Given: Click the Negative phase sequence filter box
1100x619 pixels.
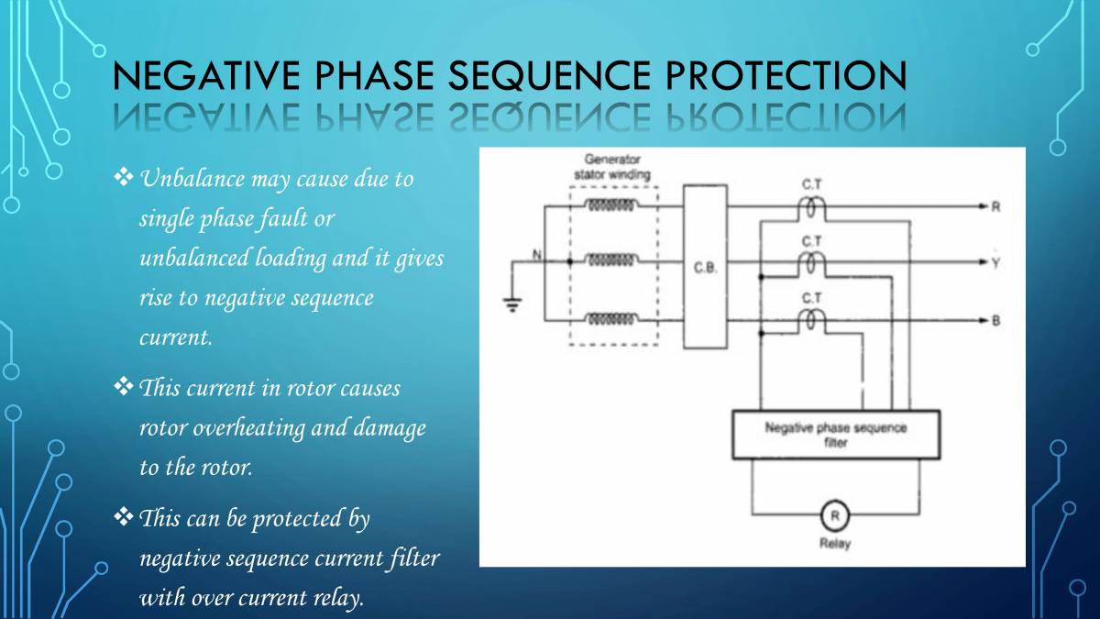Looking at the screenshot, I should coord(835,435).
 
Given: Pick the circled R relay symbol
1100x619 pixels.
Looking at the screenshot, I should coord(835,515).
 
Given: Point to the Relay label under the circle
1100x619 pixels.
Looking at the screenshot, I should coord(835,544).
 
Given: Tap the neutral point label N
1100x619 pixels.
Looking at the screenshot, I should coord(538,253).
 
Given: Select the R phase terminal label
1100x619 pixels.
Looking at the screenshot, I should coord(995,207).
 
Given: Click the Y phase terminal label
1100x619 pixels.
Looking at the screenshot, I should coord(995,263).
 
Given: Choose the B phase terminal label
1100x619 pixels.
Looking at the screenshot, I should coord(995,320).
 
